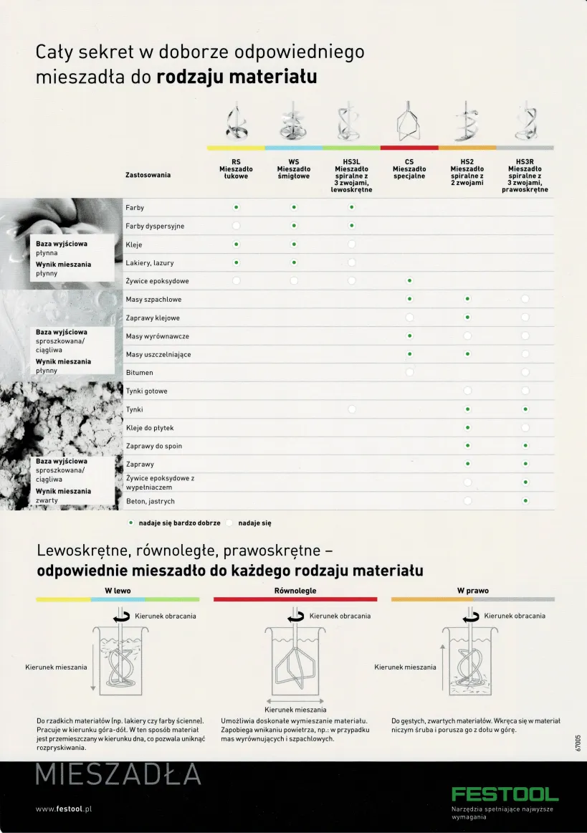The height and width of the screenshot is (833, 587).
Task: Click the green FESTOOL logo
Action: (x=505, y=794)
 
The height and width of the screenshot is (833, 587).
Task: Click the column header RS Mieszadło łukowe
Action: (x=236, y=169)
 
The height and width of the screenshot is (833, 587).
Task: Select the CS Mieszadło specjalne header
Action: (x=409, y=169)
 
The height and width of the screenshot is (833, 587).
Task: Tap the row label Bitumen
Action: (x=139, y=373)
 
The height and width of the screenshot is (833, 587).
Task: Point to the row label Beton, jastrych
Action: (x=150, y=501)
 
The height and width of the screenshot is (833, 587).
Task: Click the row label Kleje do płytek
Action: (x=149, y=428)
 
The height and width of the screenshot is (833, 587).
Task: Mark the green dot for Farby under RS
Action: (x=236, y=208)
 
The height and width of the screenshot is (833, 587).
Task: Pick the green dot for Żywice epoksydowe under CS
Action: (x=409, y=281)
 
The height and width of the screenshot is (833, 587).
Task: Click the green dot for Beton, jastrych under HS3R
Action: (x=525, y=501)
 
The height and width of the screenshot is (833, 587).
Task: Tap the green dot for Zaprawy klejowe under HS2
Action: (x=467, y=318)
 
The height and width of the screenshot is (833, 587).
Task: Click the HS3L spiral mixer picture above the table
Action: (x=351, y=123)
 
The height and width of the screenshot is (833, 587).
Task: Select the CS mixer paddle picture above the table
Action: (x=409, y=123)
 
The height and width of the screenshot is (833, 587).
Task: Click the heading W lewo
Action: (x=118, y=591)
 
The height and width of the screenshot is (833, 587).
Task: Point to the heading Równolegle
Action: (x=295, y=591)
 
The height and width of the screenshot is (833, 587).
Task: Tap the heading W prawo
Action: (x=472, y=591)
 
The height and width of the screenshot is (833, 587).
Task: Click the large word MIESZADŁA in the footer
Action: (x=118, y=775)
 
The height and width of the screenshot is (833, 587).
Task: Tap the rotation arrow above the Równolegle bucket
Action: (x=296, y=617)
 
